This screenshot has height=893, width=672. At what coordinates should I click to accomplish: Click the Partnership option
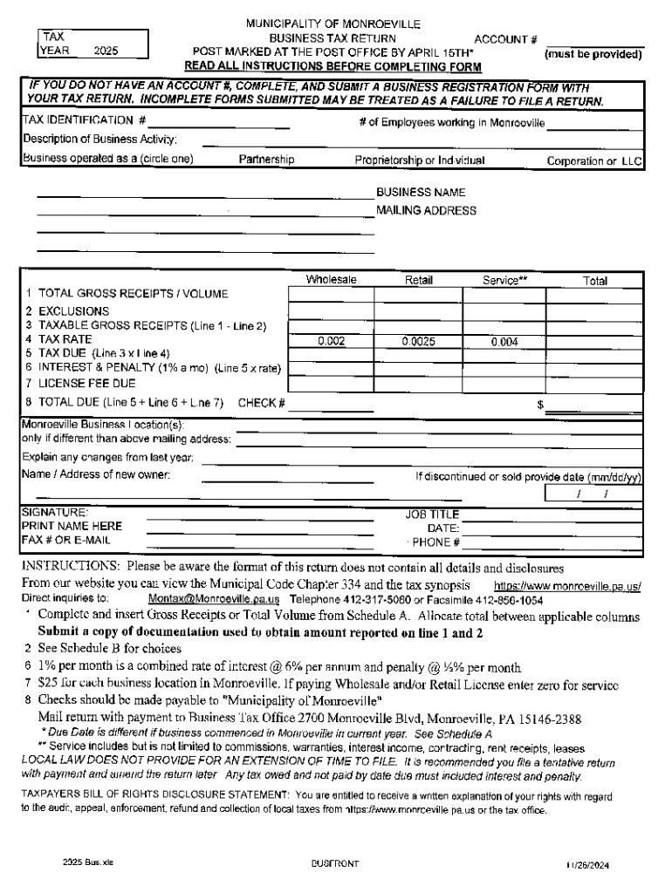coord(266,160)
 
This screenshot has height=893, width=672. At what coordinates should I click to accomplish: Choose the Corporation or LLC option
coord(594,160)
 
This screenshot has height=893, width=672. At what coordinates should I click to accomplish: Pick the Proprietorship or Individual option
coord(420,160)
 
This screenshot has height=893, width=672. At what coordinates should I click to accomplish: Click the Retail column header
coord(418,281)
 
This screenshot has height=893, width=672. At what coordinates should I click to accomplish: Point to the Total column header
coord(595,282)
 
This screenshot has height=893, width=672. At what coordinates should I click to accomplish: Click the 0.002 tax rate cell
coord(331,342)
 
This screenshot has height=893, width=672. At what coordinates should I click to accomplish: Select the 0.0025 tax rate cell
coord(418,342)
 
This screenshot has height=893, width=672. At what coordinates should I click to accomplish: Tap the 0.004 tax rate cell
coord(504,343)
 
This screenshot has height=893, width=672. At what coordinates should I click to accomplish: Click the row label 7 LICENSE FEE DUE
coord(80,383)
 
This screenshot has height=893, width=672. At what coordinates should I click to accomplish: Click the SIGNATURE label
coord(54,513)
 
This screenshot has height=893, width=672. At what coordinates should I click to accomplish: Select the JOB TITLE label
coord(431,515)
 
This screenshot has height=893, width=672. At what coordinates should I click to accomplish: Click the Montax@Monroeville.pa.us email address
coord(214,600)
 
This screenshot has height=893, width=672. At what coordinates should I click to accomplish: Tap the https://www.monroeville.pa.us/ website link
coord(568,586)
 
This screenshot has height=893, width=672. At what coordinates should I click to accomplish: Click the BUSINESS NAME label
coord(421,192)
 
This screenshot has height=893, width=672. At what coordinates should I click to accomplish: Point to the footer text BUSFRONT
coord(335,863)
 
